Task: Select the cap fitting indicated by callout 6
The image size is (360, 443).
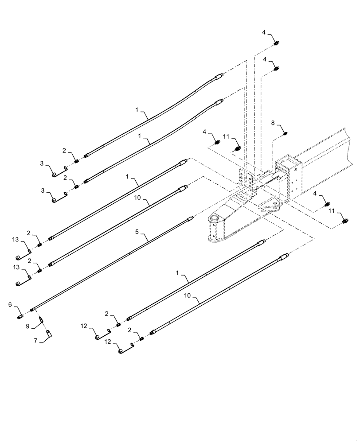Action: point(21,316)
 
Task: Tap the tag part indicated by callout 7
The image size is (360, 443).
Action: point(49,332)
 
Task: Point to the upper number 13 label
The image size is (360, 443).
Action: point(15,240)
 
